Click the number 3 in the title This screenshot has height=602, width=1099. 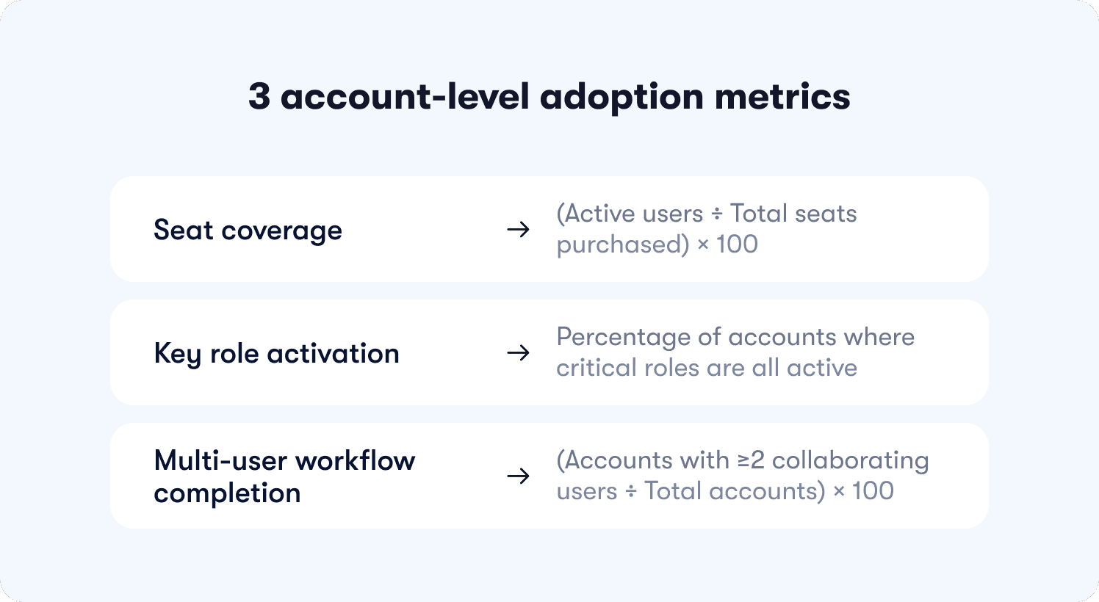259,97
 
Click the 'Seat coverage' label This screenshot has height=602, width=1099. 248,231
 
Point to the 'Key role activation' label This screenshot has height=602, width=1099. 276,354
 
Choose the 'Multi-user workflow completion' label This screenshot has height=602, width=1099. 284,476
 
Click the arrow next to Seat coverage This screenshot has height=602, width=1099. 518,230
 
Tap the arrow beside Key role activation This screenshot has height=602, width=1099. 518,353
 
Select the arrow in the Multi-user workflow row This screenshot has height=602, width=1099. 518,476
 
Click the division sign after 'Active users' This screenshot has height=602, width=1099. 717,214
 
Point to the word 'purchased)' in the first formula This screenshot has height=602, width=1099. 622,245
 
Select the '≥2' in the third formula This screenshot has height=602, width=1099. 752,460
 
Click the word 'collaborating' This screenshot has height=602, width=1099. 850,461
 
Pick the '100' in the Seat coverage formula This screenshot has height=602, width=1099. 737,244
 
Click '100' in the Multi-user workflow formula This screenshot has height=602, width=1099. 873,491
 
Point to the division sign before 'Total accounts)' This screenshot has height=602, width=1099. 631,492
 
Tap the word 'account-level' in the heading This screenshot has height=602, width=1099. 405,97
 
